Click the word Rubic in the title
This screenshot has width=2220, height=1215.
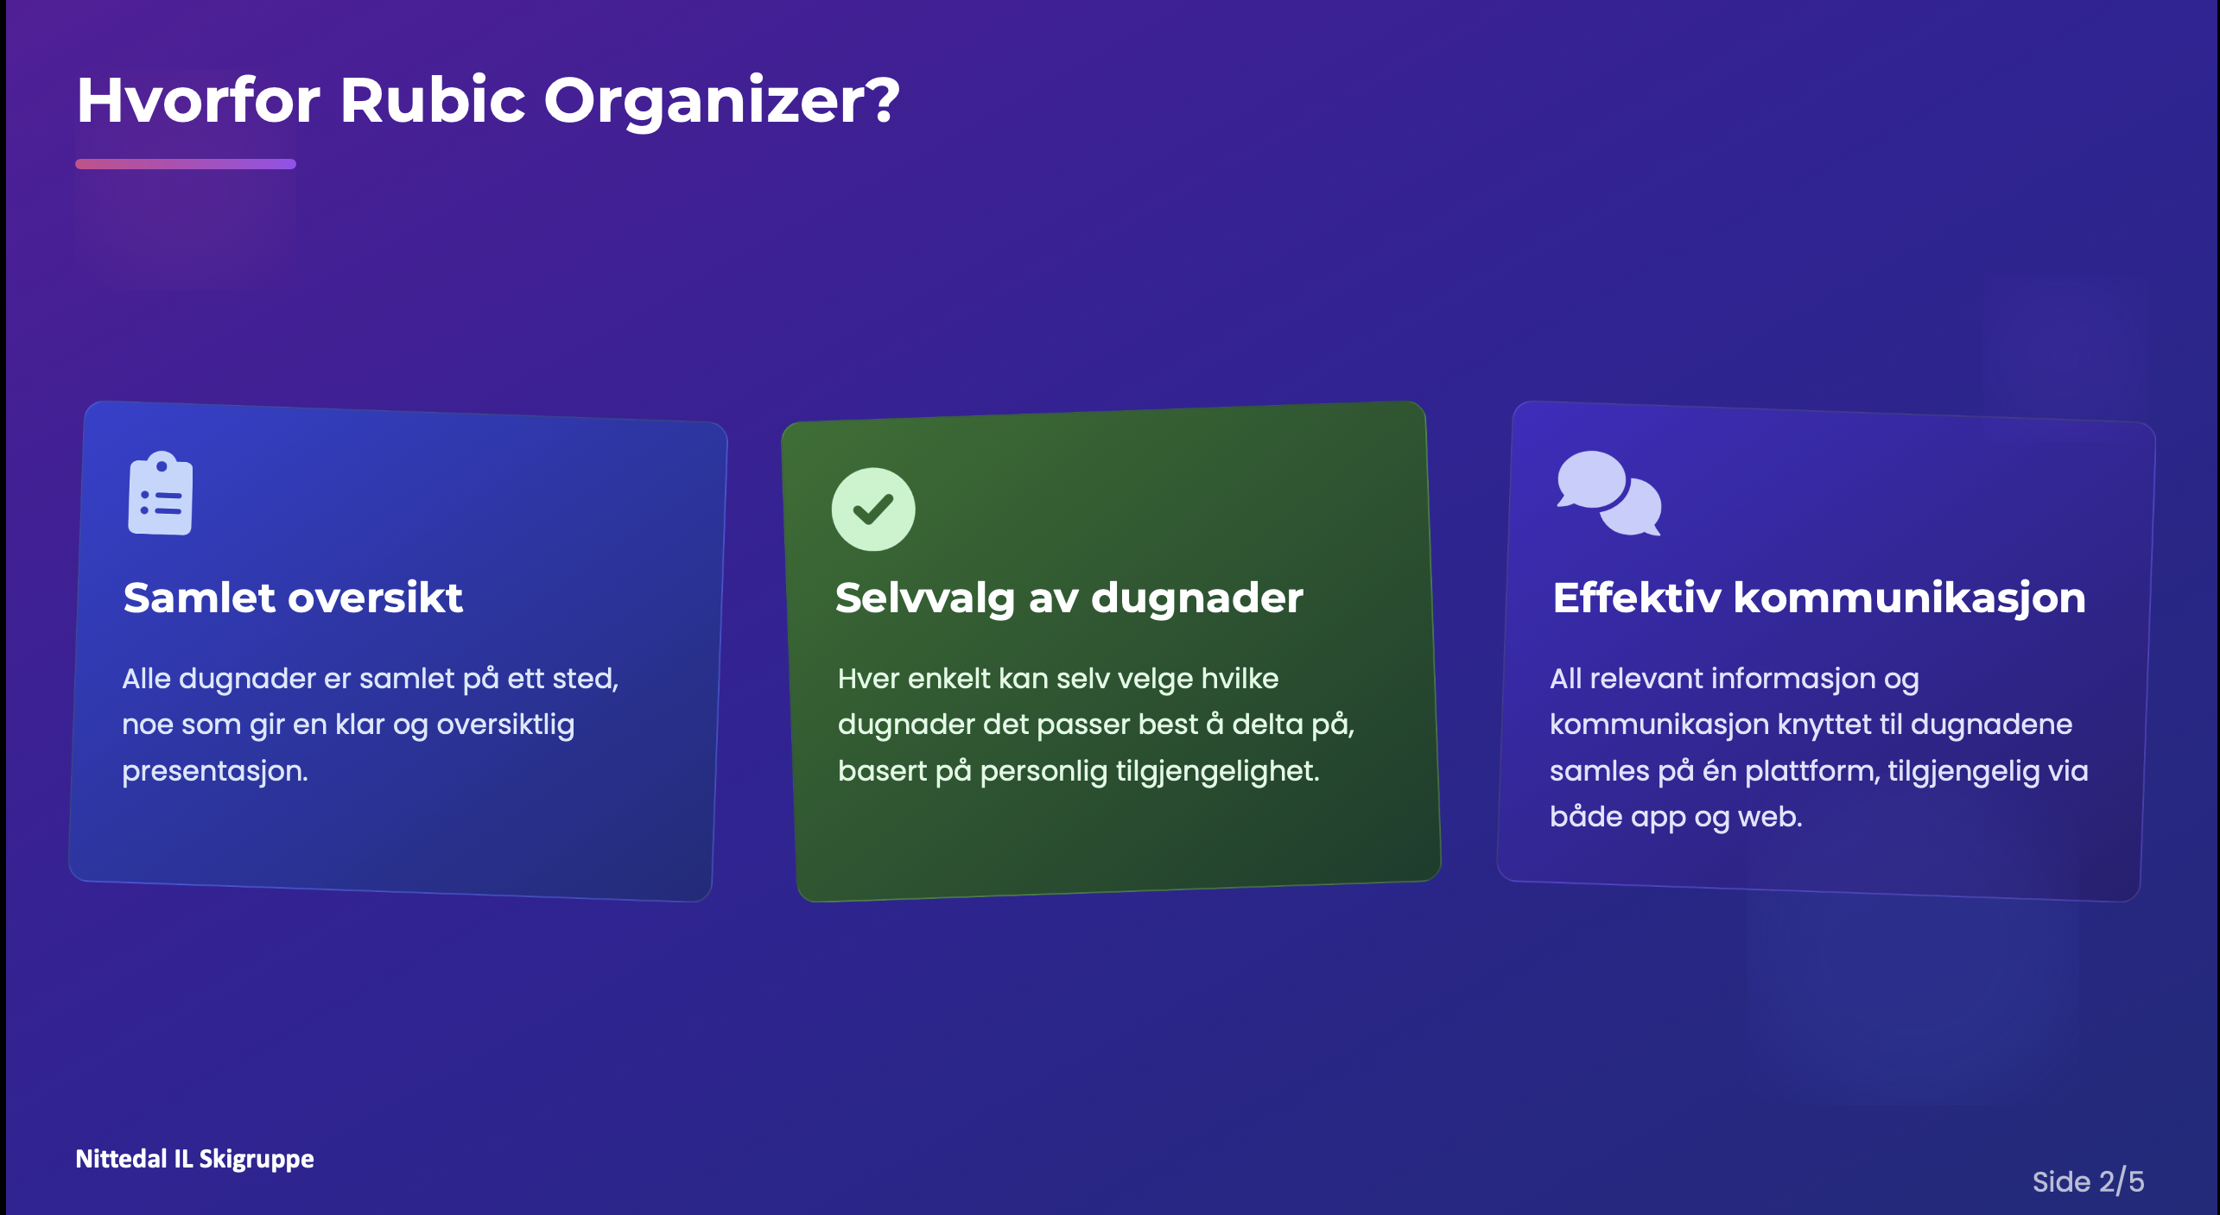pyautogui.click(x=433, y=100)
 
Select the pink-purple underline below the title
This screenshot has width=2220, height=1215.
pyautogui.click(x=186, y=164)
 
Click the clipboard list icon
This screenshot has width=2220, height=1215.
pyautogui.click(x=161, y=493)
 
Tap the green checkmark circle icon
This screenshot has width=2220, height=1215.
pyautogui.click(x=873, y=509)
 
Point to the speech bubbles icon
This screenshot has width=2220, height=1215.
pyautogui.click(x=1609, y=493)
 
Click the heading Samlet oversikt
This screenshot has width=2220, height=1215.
pyautogui.click(x=293, y=598)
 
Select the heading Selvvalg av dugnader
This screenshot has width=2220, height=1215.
pyautogui.click(x=1069, y=598)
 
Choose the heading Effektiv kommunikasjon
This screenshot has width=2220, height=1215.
pyautogui.click(x=1819, y=598)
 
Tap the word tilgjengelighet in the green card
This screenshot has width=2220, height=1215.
pyautogui.click(x=1214, y=771)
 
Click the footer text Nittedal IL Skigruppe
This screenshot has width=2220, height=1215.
pyautogui.click(x=195, y=1159)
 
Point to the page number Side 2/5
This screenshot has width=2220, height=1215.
pyautogui.click(x=2089, y=1181)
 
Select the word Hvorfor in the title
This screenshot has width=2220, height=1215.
pyautogui.click(x=199, y=100)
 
